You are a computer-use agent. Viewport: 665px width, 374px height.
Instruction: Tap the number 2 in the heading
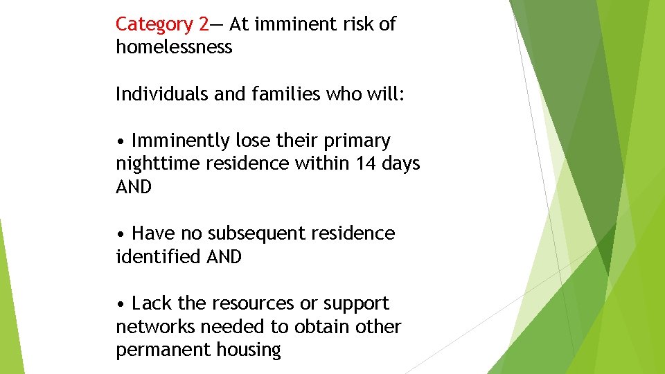202,24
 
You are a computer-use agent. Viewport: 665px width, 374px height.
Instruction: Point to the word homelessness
174,47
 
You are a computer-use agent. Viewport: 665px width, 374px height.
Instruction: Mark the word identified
159,257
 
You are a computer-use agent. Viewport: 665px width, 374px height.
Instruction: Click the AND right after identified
224,257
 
